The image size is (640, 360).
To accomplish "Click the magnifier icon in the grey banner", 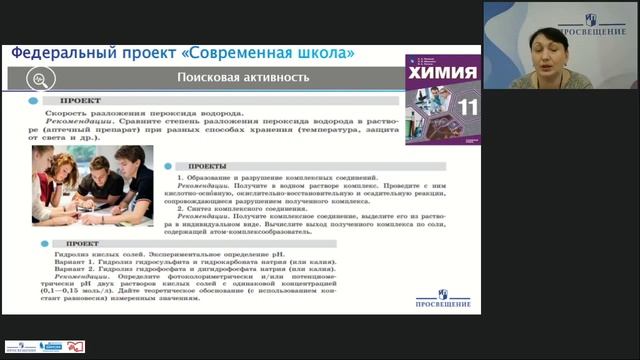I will pos(40,79).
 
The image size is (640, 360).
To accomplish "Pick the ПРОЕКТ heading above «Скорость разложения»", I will pos(79,102).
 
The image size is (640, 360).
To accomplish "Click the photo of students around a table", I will pos(92,185).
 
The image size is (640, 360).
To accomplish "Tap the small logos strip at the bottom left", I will pos(45,346).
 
